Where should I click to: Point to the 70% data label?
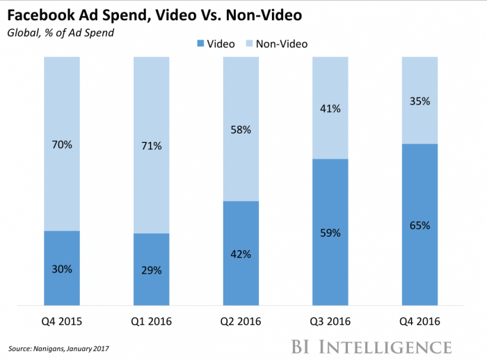[x=61, y=145]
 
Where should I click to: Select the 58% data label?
[x=241, y=130]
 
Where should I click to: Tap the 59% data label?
[x=330, y=233]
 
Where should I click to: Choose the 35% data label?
[x=420, y=101]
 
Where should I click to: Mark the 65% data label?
[x=420, y=226]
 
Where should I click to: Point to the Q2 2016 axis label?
[x=241, y=322]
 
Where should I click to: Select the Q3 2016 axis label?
[x=330, y=322]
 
